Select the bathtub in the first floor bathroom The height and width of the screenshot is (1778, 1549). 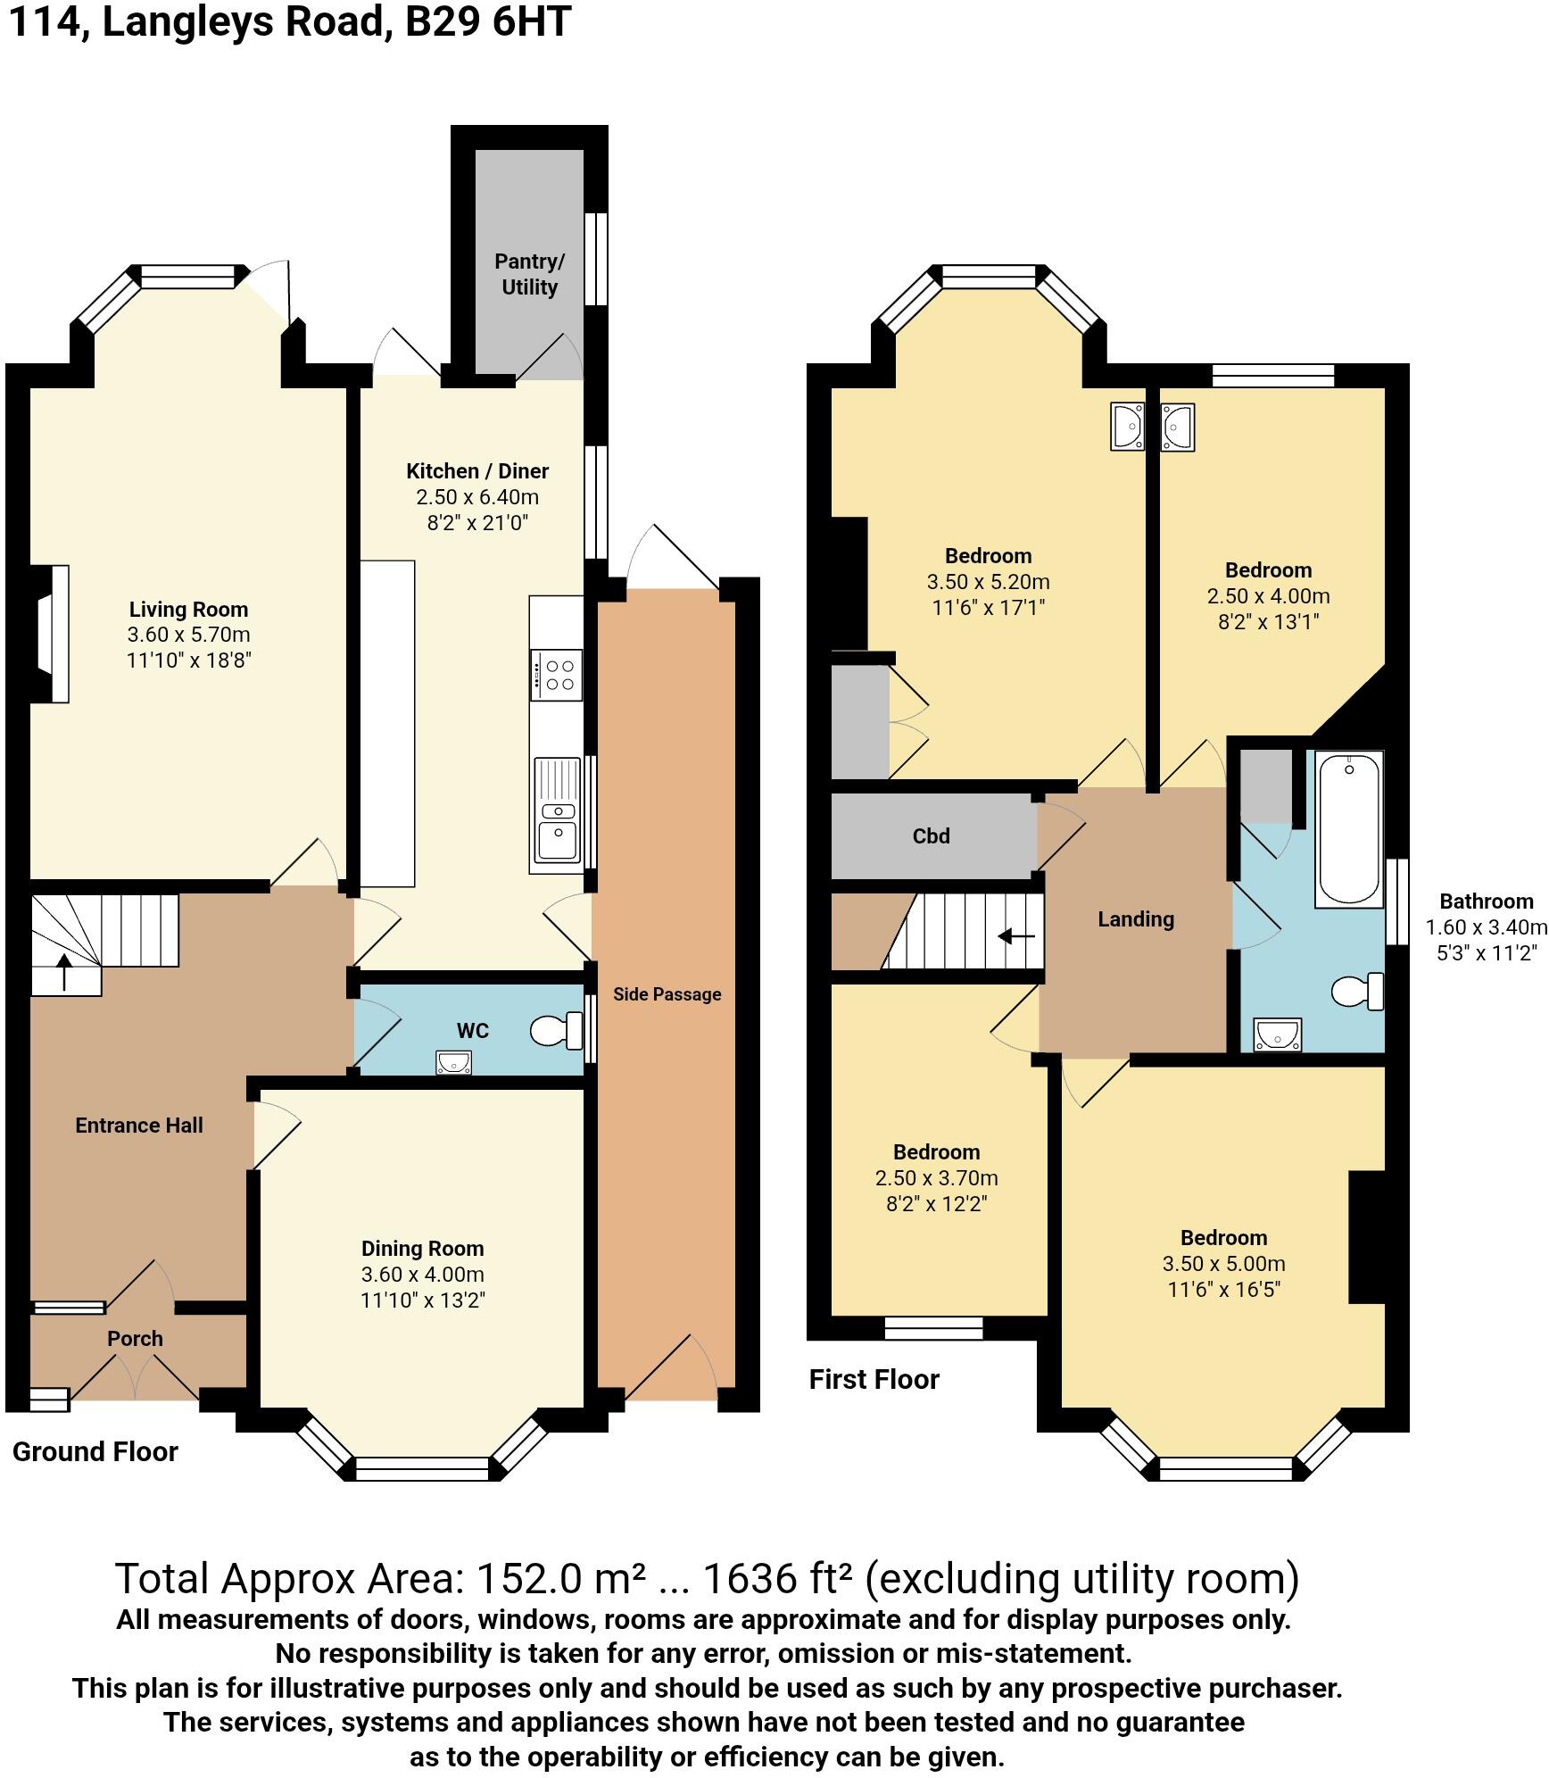click(x=1349, y=828)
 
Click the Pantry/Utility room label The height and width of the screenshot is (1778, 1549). click(x=529, y=274)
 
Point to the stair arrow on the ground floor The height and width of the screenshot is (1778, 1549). click(x=65, y=972)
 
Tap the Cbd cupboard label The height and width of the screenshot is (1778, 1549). click(x=931, y=836)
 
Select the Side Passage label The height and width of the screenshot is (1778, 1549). click(x=667, y=994)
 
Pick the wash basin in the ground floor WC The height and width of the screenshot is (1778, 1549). click(x=453, y=1062)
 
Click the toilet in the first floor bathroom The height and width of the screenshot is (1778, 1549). click(x=1356, y=992)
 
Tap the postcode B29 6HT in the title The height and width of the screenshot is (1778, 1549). click(x=487, y=21)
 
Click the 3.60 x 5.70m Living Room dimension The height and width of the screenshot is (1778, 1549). click(x=188, y=636)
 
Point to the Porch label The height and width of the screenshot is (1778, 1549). click(x=135, y=1339)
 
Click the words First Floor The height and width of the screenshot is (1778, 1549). click(x=874, y=1379)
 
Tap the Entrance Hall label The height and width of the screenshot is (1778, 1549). click(x=139, y=1126)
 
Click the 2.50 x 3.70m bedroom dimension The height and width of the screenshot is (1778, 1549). click(x=936, y=1178)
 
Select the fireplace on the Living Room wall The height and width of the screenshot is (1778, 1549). click(x=54, y=633)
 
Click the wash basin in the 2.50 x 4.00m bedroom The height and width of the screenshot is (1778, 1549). click(x=1177, y=427)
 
